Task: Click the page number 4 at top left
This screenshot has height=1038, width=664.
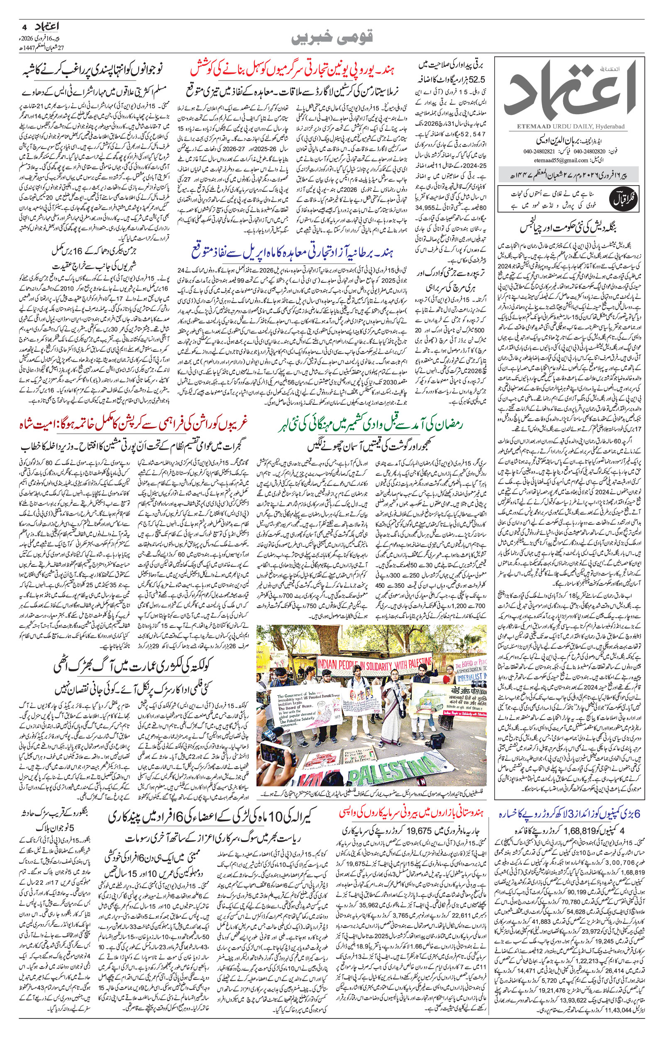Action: (24, 26)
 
